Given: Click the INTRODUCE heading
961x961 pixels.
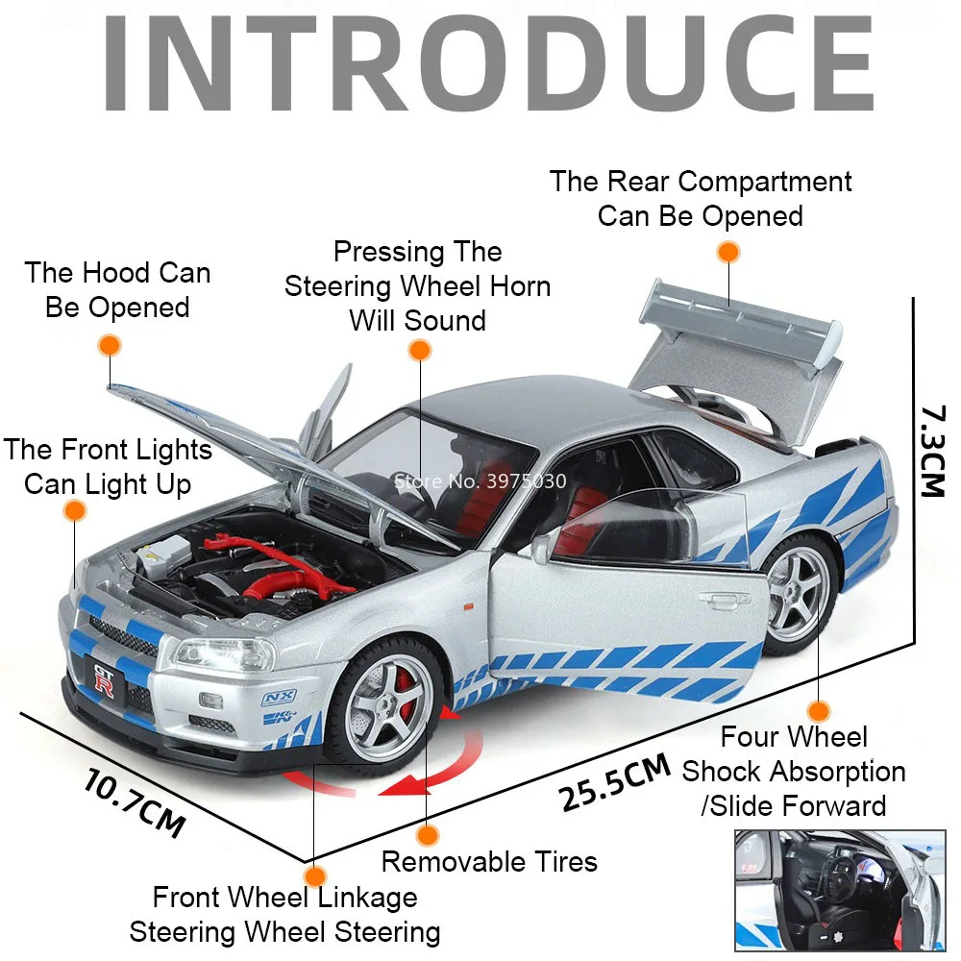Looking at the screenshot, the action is (x=488, y=63).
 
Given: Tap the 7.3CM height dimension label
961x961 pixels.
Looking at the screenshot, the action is (x=933, y=451).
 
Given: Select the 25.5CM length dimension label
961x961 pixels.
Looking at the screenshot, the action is (x=614, y=782).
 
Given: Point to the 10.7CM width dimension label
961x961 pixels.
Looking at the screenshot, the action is (x=135, y=802).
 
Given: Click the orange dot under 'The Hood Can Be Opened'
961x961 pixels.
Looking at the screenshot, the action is (x=110, y=346).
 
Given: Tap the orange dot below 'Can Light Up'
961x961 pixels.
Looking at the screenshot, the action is (x=75, y=510).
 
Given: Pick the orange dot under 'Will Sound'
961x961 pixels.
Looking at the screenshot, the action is (x=420, y=351).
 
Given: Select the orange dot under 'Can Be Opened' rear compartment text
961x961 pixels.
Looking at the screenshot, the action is (x=728, y=252).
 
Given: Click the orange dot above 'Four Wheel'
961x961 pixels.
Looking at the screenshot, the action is (x=818, y=711).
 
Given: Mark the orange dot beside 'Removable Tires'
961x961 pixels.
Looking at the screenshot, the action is (x=428, y=835).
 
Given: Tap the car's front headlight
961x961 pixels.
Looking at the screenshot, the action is (x=225, y=654).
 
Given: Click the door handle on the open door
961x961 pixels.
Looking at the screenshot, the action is (x=725, y=598).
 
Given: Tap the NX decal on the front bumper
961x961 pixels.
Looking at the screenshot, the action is (x=280, y=698).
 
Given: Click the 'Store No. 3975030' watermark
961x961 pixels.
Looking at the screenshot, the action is (x=480, y=481).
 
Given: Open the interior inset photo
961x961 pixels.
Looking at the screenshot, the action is (x=840, y=891).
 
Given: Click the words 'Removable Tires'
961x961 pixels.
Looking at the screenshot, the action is (x=489, y=862).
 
